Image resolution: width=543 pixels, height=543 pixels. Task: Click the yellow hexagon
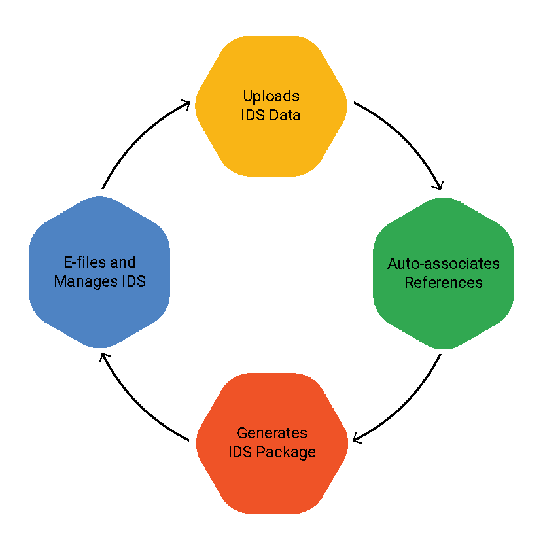pyautogui.click(x=271, y=72)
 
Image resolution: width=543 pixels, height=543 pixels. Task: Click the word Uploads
pyautogui.click(x=271, y=96)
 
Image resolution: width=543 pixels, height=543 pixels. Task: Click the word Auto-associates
pyautogui.click(x=444, y=264)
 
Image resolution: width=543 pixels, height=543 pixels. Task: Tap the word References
pyautogui.click(x=444, y=283)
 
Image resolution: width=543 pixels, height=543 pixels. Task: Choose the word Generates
pyautogui.click(x=272, y=433)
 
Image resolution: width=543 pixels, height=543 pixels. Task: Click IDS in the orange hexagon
pyautogui.click(x=240, y=452)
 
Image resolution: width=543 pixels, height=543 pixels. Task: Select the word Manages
pyautogui.click(x=82, y=281)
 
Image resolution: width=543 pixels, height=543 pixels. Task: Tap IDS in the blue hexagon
pyautogui.click(x=133, y=281)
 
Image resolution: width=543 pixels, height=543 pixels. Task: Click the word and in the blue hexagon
pyautogui.click(x=123, y=262)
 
